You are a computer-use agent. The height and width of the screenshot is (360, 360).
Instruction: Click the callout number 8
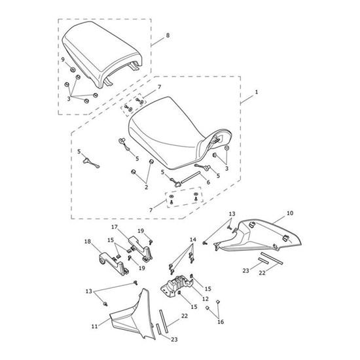click(168, 35)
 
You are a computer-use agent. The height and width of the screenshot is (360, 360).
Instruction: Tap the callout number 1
click(257, 92)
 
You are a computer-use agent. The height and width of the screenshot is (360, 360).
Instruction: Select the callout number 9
click(63, 60)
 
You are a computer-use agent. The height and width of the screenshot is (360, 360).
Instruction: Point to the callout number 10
click(290, 213)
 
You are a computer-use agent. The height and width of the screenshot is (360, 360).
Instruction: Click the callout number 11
click(95, 326)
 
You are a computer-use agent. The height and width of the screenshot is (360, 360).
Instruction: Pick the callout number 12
click(206, 298)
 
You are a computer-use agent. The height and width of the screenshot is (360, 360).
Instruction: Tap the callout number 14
click(193, 240)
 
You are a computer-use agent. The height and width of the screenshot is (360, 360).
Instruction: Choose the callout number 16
click(221, 322)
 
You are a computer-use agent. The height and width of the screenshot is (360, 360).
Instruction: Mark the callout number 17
click(115, 227)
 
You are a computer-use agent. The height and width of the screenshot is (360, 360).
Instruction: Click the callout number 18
click(88, 242)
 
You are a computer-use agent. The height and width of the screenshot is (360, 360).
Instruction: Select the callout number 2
click(146, 187)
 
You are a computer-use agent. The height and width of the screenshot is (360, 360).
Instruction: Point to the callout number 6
click(208, 182)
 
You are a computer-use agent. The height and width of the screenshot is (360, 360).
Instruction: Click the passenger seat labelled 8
click(102, 55)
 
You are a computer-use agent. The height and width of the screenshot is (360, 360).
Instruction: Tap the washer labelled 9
click(73, 69)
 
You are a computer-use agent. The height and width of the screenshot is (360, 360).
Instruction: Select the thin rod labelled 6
click(190, 177)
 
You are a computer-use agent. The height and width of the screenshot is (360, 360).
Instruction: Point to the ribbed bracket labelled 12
click(177, 285)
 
